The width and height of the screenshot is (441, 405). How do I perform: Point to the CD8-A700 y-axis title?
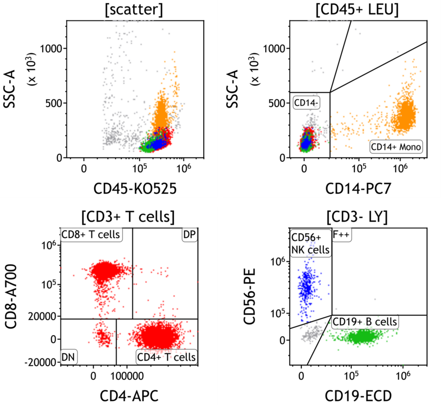12,297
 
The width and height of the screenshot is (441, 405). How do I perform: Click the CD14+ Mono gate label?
396,147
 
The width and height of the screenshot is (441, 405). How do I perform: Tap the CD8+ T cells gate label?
91,234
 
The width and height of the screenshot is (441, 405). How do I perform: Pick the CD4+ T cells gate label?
166,357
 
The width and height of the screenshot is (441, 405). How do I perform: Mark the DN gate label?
68,357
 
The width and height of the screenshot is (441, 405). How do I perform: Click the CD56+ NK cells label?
311,243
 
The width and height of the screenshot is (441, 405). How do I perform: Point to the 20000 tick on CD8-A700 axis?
44,316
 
